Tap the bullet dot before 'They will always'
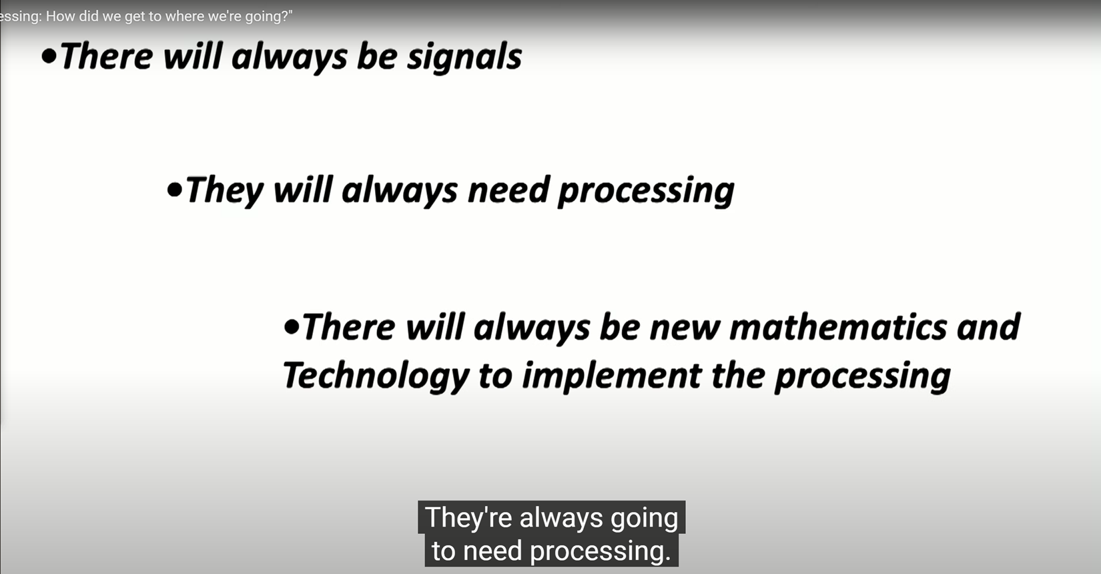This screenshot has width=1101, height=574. pyautogui.click(x=174, y=190)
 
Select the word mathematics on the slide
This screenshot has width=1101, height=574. pyautogui.click(x=837, y=327)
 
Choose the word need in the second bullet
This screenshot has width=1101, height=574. pyautogui.click(x=508, y=191)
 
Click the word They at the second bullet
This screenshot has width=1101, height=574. pyautogui.click(x=225, y=192)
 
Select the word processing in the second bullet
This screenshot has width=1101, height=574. pyautogui.click(x=647, y=192)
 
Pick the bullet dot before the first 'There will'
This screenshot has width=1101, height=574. pyautogui.click(x=49, y=56)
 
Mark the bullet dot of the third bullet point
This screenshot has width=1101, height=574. pyautogui.click(x=292, y=326)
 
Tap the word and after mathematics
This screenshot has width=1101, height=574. pyautogui.click(x=988, y=327)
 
